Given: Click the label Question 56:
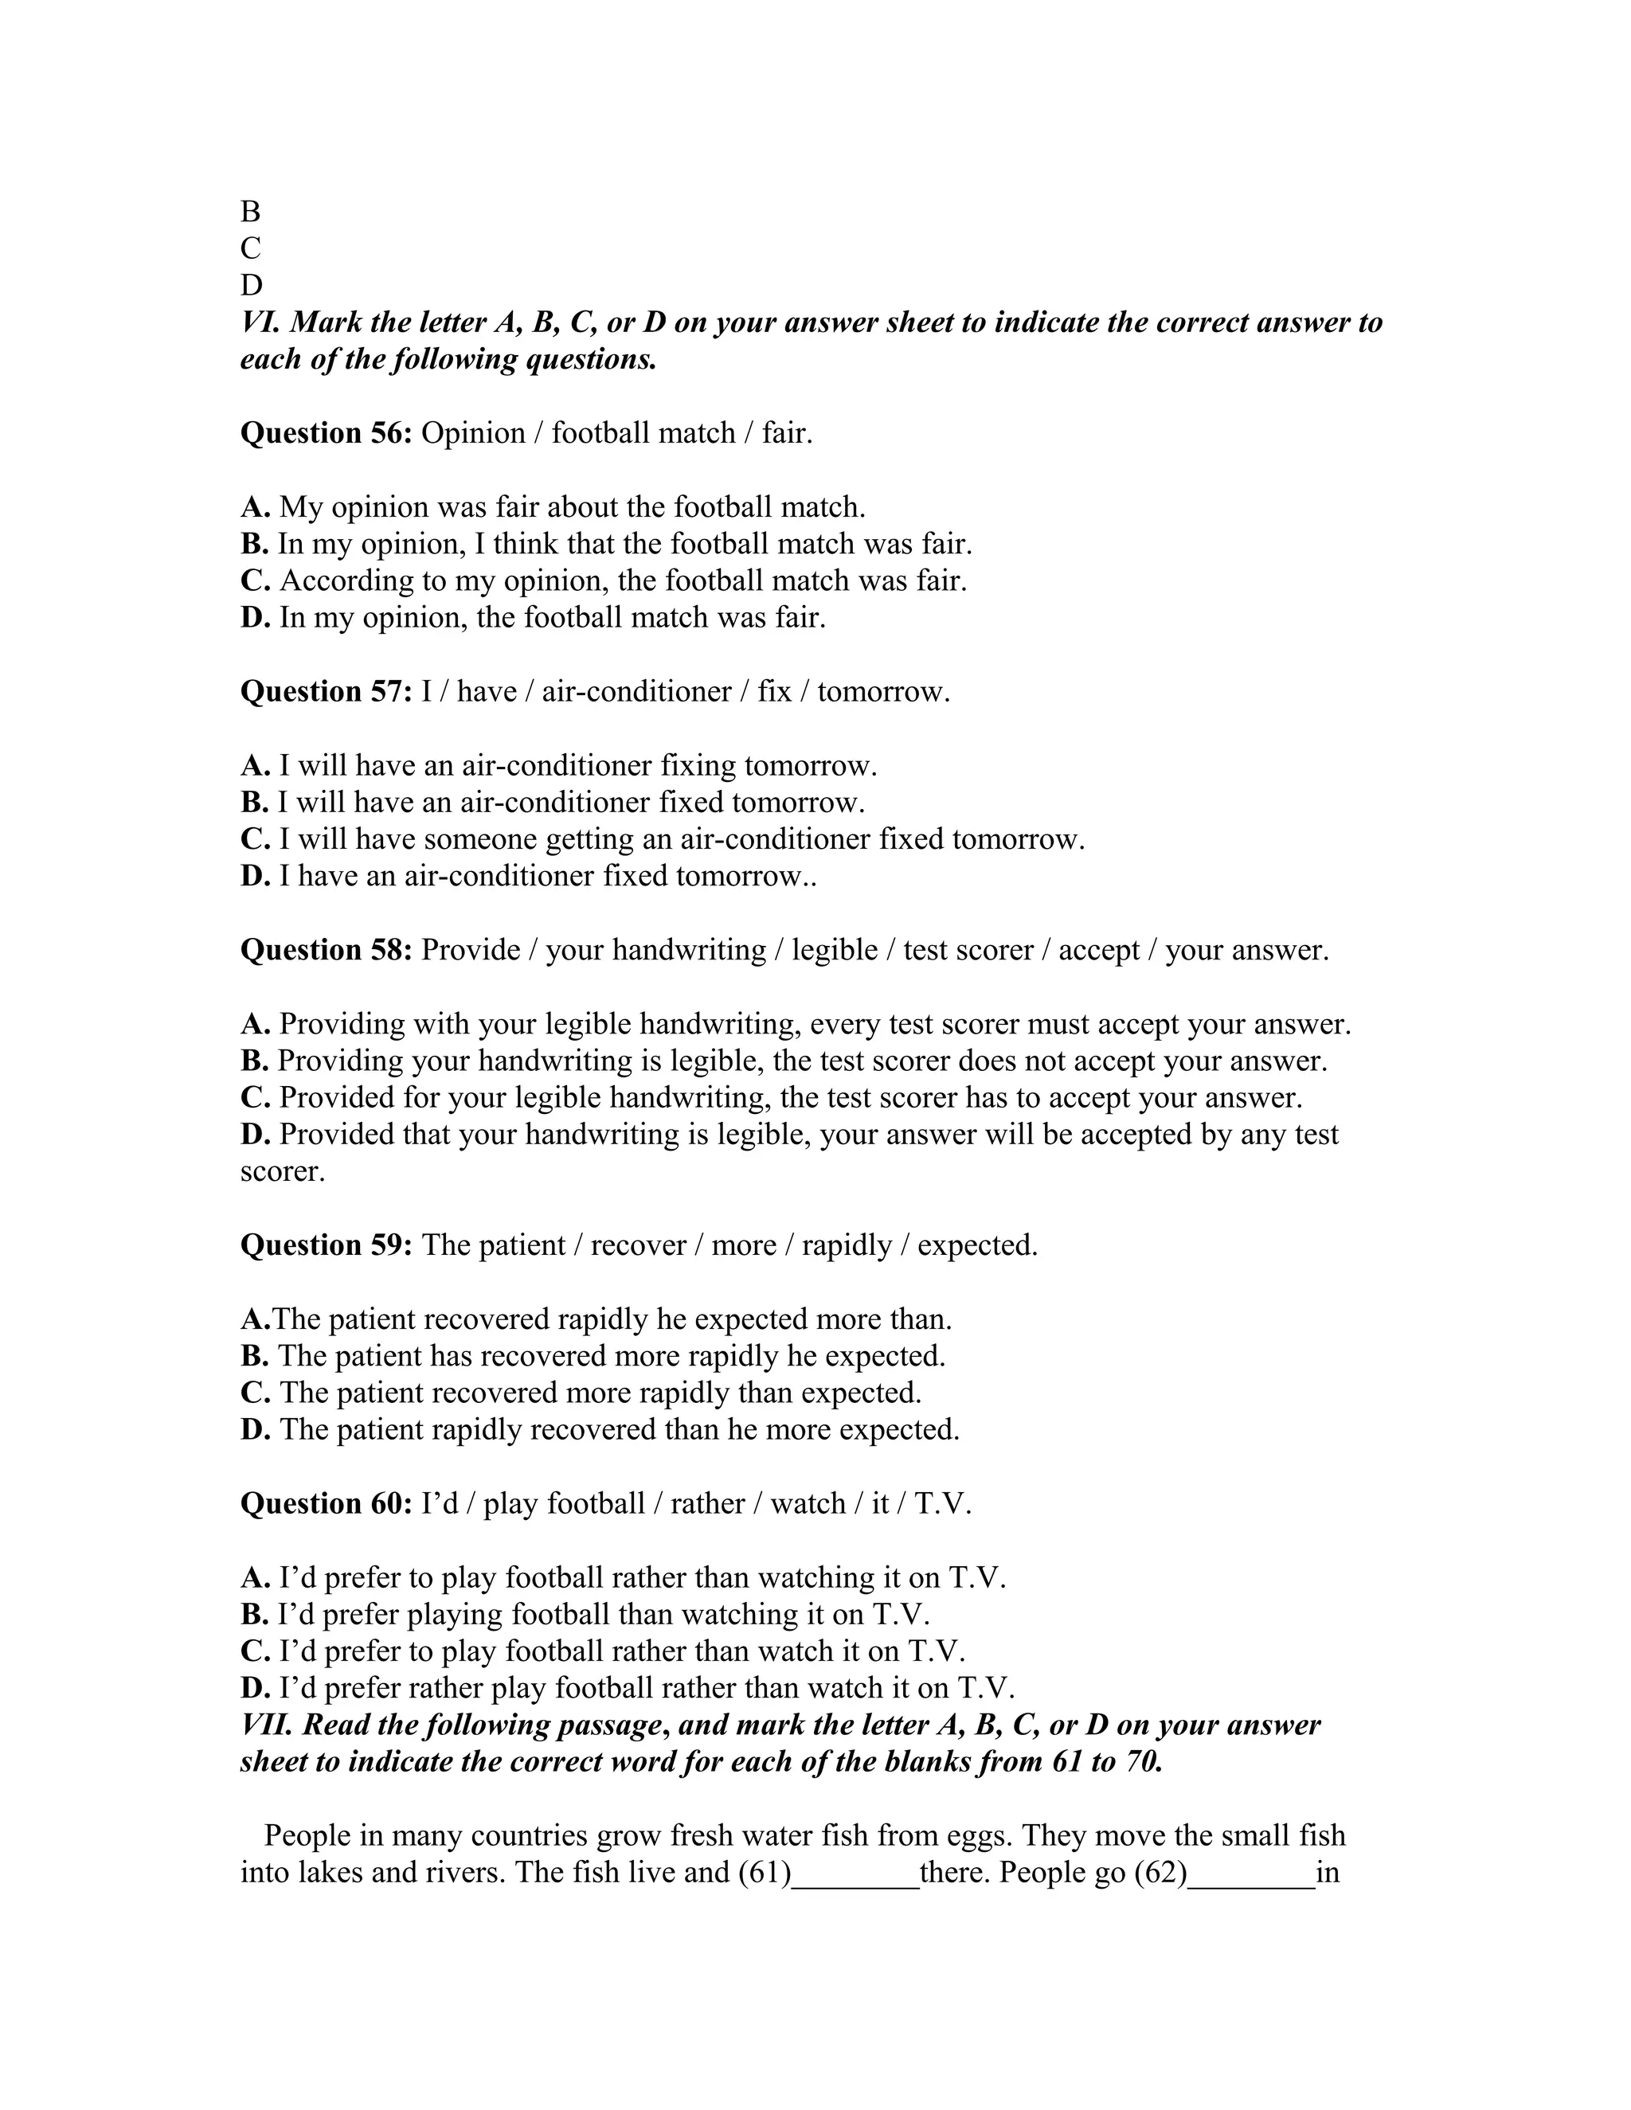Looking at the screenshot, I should tap(326, 433).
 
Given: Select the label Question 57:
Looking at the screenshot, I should tap(326, 692).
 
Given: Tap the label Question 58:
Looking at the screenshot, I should tap(326, 950).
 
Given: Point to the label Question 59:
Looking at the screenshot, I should tap(326, 1245).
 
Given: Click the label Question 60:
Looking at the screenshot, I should tap(326, 1503).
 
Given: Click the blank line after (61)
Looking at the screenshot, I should tap(855, 1875).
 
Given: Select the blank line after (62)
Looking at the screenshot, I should tap(1251, 1875).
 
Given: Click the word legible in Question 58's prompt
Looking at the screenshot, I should tap(834, 951).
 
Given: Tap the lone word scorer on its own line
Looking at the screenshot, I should tap(282, 1172).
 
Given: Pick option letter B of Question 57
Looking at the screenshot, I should tap(253, 803).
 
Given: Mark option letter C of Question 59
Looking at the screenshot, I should tap(254, 1393).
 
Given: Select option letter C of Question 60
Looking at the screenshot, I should tap(254, 1651).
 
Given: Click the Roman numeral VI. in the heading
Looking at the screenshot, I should tap(260, 322).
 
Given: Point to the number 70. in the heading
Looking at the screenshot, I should tap(1141, 1762).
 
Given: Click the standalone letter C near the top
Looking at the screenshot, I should tap(250, 248).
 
